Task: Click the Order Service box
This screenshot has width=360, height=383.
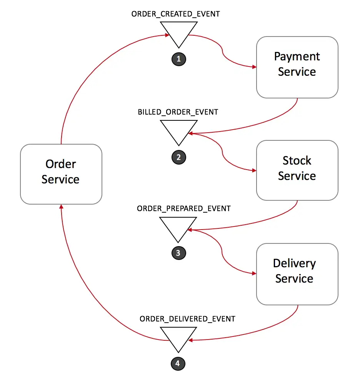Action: click(61, 174)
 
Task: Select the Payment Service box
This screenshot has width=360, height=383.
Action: click(297, 67)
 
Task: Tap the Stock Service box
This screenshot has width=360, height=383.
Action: click(297, 170)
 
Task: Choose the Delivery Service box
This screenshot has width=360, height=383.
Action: click(297, 274)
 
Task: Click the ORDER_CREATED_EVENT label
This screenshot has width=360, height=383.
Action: click(176, 14)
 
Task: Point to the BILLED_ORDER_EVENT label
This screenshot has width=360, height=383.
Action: click(178, 112)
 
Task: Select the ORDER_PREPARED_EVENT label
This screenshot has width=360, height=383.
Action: click(184, 209)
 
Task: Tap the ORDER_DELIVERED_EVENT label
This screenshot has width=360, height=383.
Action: click(187, 319)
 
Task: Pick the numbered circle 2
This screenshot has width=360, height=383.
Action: click(178, 157)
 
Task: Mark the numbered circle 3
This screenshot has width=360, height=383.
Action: click(178, 253)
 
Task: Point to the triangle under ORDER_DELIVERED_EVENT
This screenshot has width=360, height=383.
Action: click(178, 336)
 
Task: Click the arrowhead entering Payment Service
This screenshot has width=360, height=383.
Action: click(254, 67)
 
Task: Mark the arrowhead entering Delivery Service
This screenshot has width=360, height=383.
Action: click(254, 274)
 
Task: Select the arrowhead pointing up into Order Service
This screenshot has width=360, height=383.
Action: click(61, 206)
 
